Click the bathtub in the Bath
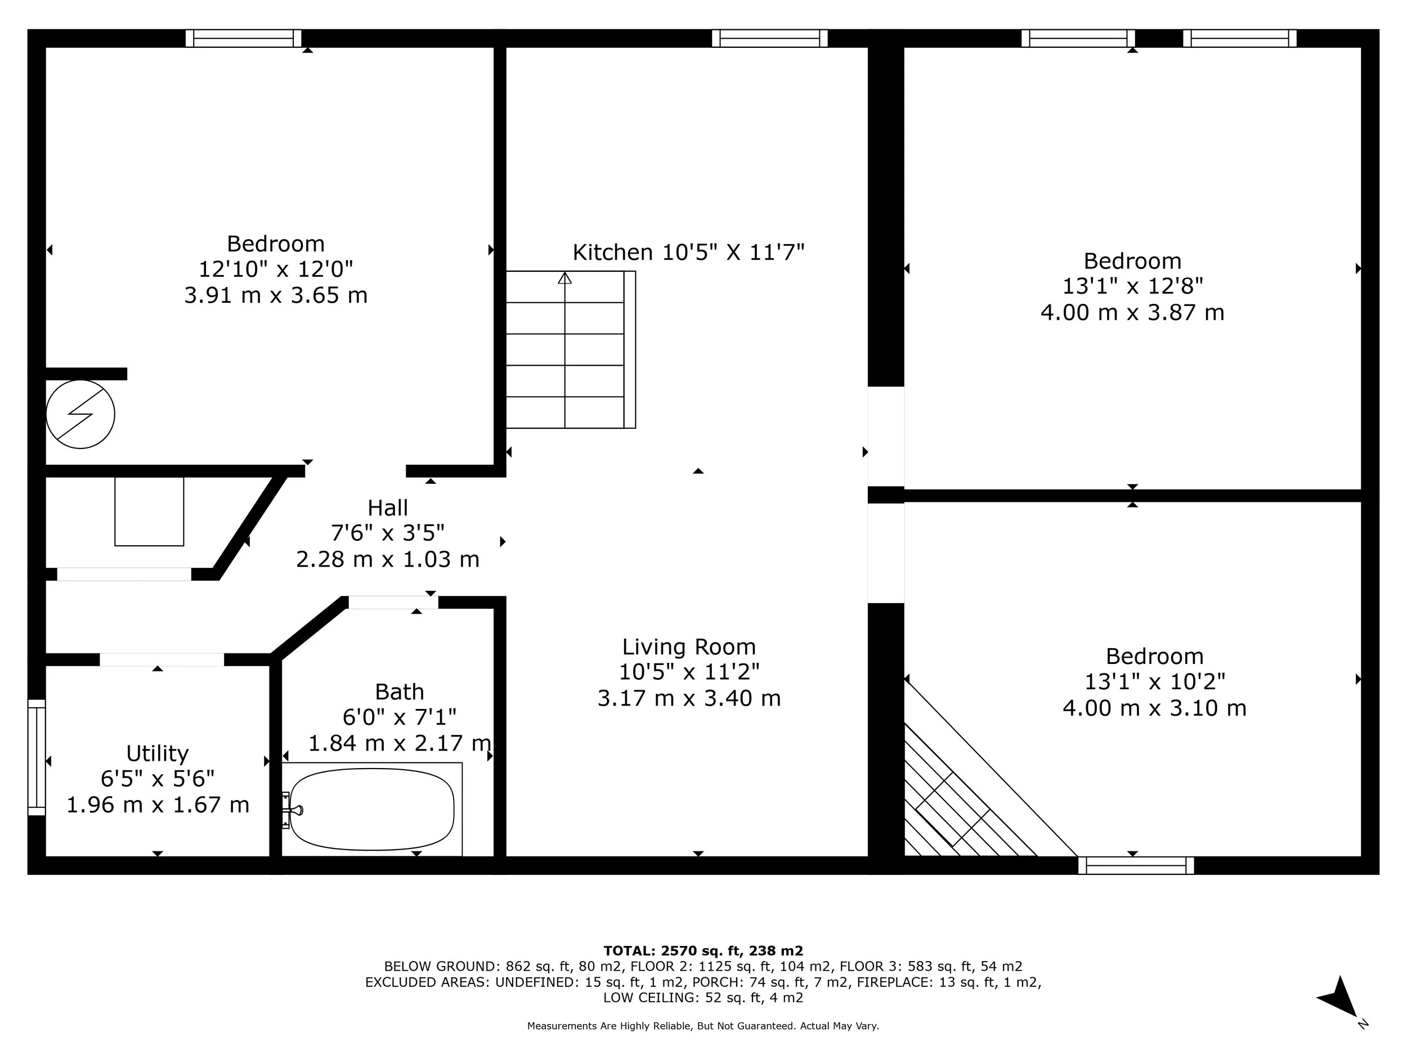[x=372, y=809]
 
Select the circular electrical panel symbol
[x=80, y=414]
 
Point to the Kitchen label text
[x=688, y=253]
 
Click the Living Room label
[x=689, y=647]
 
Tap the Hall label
[x=387, y=508]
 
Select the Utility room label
[x=157, y=753]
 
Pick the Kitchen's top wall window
[x=770, y=38]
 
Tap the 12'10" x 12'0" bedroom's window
[x=243, y=38]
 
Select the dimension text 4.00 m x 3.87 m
[x=1132, y=312]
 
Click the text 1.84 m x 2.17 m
[x=400, y=743]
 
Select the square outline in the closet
[x=149, y=511]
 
